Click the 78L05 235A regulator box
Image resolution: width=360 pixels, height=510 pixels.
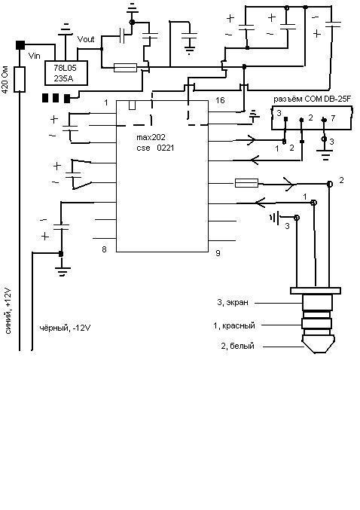click(66, 73)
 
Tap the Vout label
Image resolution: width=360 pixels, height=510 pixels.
click(86, 39)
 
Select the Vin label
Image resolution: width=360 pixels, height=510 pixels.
click(34, 56)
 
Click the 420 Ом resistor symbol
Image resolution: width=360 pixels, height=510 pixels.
click(20, 79)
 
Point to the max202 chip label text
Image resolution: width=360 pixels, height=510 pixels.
click(151, 138)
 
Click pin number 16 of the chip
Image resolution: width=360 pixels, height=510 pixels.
click(220, 100)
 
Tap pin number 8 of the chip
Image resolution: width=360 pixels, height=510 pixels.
click(104, 249)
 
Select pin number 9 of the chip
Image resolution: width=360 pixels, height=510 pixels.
click(218, 252)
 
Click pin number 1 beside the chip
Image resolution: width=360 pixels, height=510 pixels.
click(106, 102)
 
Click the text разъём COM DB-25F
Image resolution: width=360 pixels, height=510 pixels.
click(312, 99)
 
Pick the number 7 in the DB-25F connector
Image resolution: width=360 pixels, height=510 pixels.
click(333, 118)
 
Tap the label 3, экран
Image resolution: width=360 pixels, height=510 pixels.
click(233, 303)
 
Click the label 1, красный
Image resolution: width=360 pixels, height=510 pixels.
click(234, 325)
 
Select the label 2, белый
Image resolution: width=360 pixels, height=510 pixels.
click(237, 346)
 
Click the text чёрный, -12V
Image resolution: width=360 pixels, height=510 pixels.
click(65, 328)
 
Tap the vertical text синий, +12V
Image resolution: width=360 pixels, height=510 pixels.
click(8, 311)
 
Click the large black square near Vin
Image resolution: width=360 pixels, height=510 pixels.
click(20, 45)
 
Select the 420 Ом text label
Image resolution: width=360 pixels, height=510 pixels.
click(5, 80)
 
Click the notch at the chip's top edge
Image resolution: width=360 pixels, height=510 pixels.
click(132, 105)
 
